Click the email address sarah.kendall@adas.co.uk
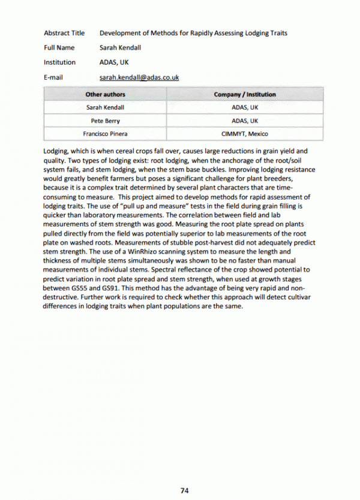(x=139, y=77)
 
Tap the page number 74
(x=185, y=490)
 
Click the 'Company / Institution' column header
(x=245, y=94)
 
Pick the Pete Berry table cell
(x=105, y=121)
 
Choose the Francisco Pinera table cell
(x=105, y=134)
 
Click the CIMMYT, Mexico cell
(x=245, y=134)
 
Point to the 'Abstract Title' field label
(x=64, y=33)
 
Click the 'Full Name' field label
(x=59, y=47)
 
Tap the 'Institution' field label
(x=59, y=62)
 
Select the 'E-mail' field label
(x=53, y=77)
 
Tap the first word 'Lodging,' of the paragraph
(x=56, y=151)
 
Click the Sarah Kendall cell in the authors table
(x=105, y=107)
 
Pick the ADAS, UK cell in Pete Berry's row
(x=245, y=121)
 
